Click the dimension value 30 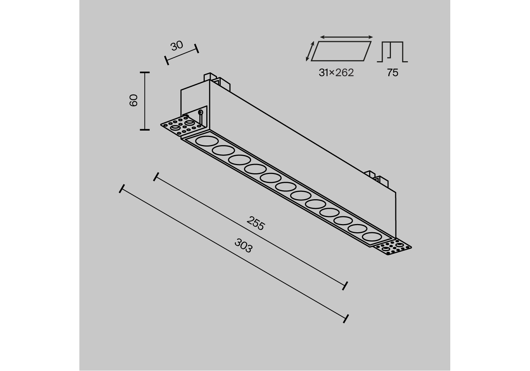click(x=177, y=46)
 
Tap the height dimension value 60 click(x=134, y=100)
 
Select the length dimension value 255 click(x=256, y=223)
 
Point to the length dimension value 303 click(x=244, y=246)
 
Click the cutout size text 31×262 click(x=336, y=73)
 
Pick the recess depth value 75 click(x=392, y=73)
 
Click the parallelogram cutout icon click(x=341, y=51)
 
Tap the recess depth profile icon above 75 click(x=392, y=52)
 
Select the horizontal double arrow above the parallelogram click(x=346, y=37)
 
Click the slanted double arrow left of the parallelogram click(x=310, y=51)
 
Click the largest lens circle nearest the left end click(x=207, y=141)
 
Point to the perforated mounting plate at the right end click(x=393, y=248)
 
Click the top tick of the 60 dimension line click(x=145, y=72)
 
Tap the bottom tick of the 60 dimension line click(x=145, y=129)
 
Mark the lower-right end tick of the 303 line click(x=346, y=318)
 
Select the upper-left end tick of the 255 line click(x=156, y=177)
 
